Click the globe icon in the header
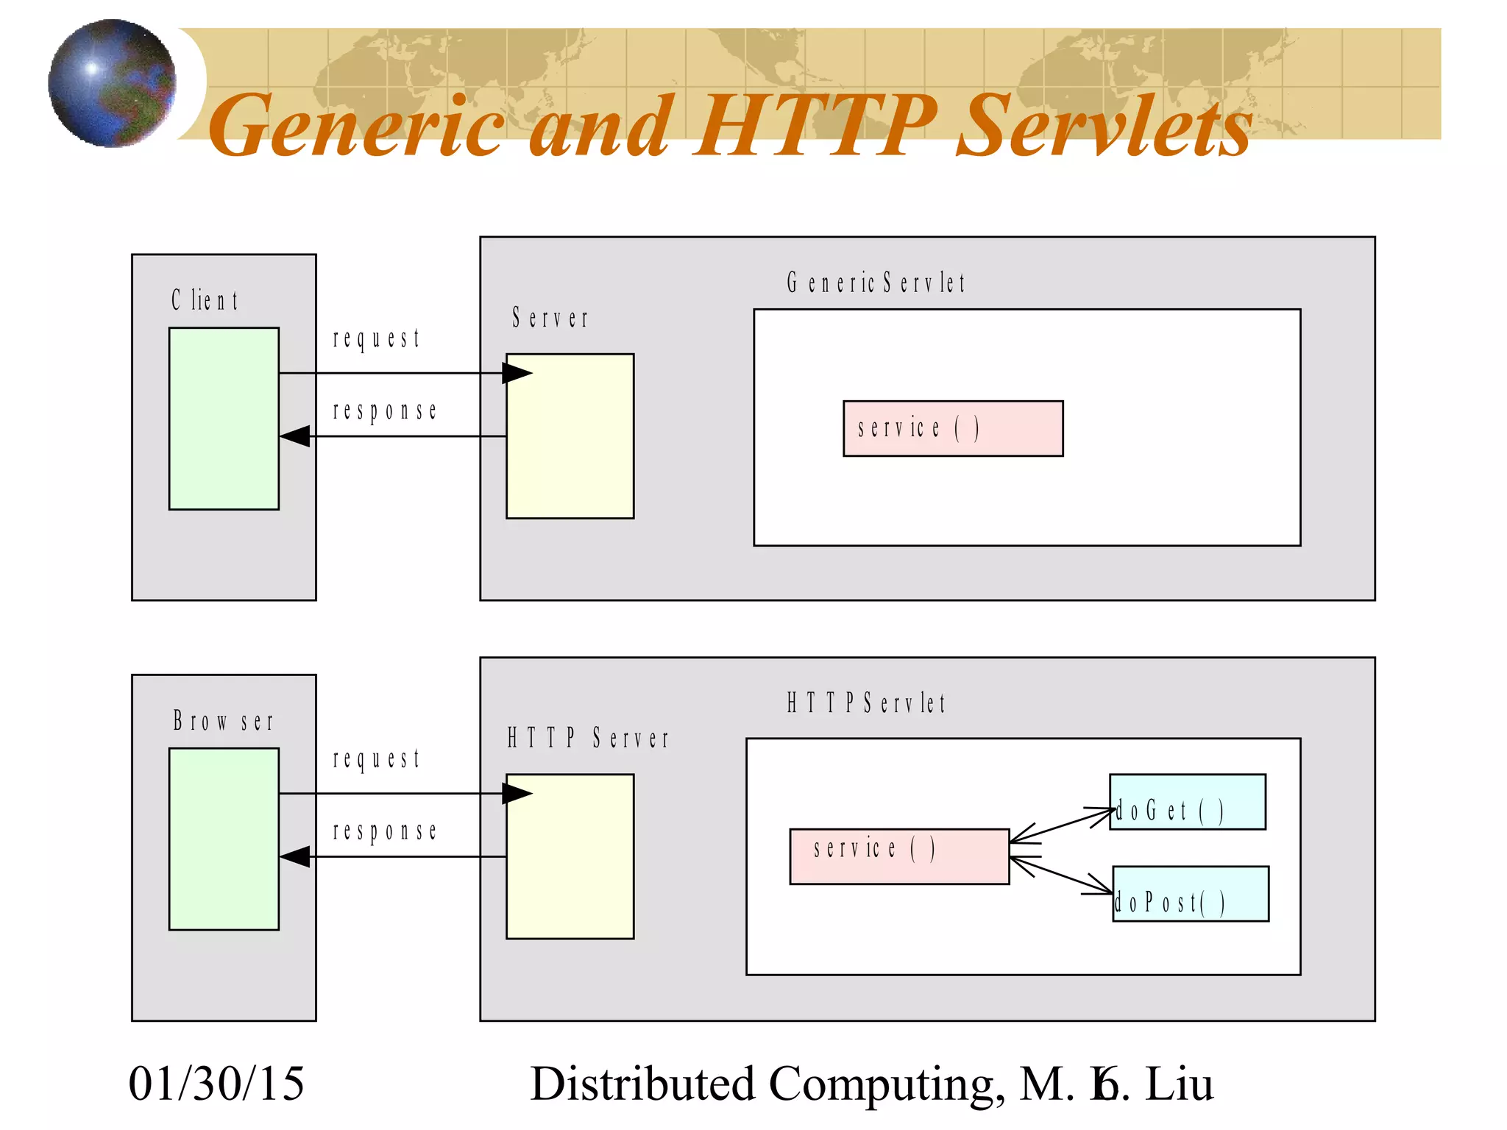click(x=112, y=83)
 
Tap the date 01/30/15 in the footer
click(x=216, y=1084)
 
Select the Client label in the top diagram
click(x=205, y=300)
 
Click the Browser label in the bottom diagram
click(x=223, y=721)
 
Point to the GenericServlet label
click(x=876, y=282)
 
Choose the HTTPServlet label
click(x=866, y=703)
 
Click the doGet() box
click(x=1187, y=802)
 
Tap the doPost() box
click(x=1190, y=894)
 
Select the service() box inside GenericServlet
click(x=953, y=428)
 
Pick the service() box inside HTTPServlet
click(x=899, y=856)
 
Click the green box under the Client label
click(x=224, y=419)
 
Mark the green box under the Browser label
click(x=224, y=839)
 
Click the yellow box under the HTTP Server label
click(x=570, y=856)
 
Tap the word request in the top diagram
click(x=376, y=338)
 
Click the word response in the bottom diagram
click(x=385, y=831)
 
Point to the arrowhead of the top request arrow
click(x=517, y=373)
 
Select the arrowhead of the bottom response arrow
click(x=295, y=856)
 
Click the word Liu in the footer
click(x=1179, y=1084)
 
